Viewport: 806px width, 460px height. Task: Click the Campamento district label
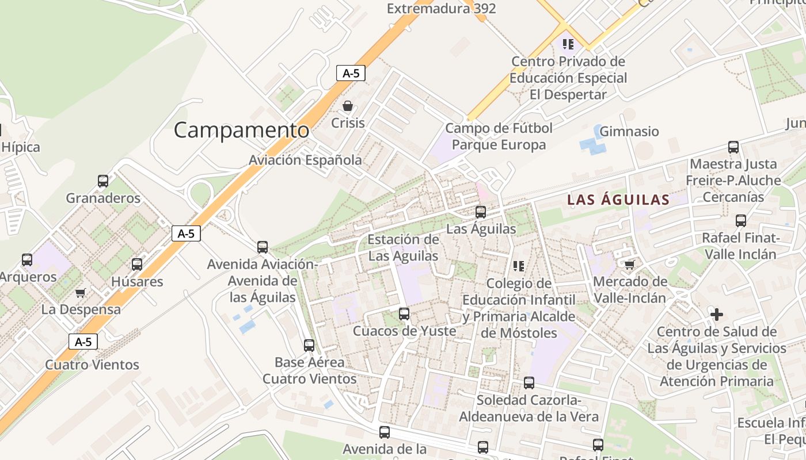point(241,130)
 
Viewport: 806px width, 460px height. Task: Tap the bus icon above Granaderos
point(103,181)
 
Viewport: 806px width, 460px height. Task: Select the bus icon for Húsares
point(137,264)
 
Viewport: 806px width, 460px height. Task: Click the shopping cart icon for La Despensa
point(81,293)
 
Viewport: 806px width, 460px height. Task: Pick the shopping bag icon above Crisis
point(348,106)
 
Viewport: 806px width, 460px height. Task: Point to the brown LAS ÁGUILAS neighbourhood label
point(618,200)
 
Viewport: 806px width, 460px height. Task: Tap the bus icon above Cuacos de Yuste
point(404,314)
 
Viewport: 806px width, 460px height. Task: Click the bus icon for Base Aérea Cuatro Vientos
point(309,346)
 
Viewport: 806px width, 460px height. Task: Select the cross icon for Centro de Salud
point(717,315)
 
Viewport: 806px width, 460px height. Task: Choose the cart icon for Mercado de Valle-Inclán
point(629,264)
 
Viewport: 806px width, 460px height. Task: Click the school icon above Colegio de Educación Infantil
point(519,266)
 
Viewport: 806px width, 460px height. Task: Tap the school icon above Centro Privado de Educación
point(568,44)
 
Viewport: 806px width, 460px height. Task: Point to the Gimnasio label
point(629,132)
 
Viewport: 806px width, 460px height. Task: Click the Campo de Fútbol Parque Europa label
point(499,136)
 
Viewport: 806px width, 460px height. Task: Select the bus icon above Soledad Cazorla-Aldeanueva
point(529,383)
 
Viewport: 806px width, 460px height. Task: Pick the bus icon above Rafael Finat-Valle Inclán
point(741,221)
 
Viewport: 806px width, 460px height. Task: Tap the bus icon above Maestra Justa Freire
point(733,147)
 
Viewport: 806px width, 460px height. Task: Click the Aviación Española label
point(305,160)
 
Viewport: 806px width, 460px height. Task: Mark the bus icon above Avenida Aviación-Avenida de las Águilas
point(263,247)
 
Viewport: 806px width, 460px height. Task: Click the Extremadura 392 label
point(441,9)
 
